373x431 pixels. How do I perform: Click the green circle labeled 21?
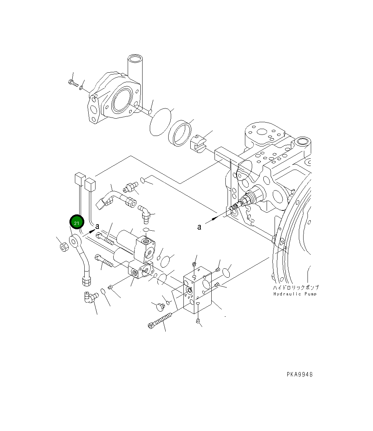77,223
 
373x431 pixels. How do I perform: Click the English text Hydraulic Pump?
295,294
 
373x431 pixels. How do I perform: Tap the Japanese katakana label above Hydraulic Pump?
296,287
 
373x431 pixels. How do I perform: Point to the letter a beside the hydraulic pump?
199,227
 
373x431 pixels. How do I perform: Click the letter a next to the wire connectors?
97,226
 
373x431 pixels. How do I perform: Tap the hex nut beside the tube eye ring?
64,247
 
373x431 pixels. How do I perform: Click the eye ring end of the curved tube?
75,241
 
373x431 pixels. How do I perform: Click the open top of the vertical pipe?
135,58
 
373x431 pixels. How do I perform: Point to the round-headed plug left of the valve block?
159,307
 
